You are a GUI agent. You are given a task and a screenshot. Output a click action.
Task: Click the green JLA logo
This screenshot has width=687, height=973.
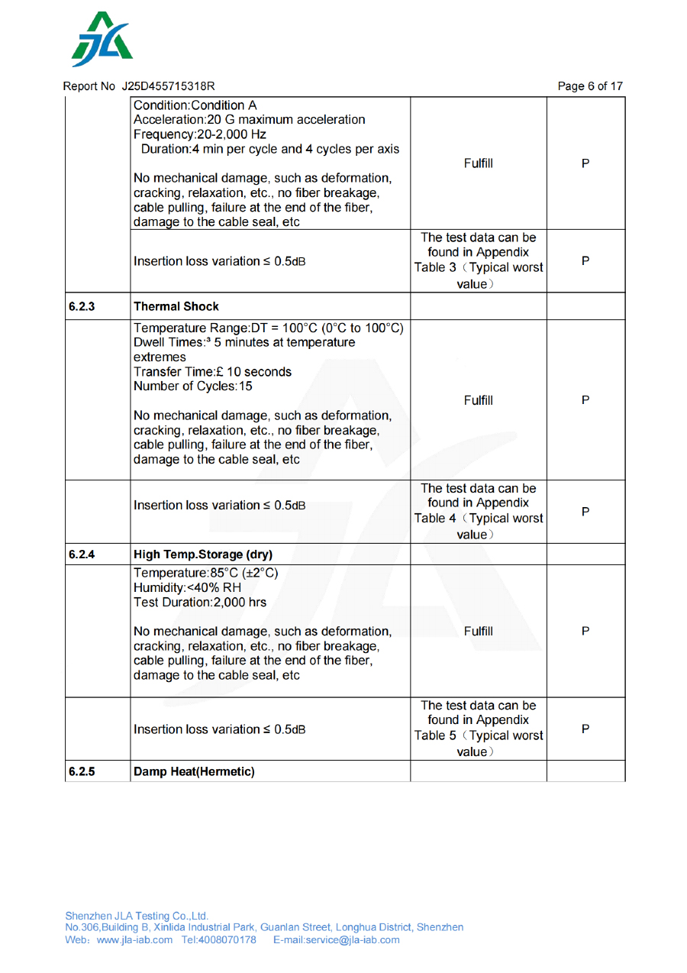(102, 40)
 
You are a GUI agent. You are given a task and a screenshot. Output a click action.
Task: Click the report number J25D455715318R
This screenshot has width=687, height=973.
(168, 86)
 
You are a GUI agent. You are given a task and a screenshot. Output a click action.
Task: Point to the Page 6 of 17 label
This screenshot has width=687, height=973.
(589, 86)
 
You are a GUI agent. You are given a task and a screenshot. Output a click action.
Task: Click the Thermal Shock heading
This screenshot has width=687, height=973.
(176, 306)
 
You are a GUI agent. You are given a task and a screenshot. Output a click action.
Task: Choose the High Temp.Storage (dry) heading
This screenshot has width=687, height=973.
(203, 554)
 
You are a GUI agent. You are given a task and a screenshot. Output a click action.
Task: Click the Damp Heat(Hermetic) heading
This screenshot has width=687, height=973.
(194, 771)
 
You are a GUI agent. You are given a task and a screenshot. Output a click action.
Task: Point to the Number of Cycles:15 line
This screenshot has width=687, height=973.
(193, 386)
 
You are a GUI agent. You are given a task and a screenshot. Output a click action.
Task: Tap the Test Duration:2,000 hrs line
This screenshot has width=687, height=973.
(200, 602)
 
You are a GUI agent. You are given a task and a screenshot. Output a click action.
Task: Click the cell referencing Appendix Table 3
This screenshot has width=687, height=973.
(479, 260)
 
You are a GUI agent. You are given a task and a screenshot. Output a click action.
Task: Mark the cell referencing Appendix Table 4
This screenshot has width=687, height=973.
(479, 511)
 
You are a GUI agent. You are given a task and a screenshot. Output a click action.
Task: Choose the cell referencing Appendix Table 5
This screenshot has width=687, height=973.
(479, 729)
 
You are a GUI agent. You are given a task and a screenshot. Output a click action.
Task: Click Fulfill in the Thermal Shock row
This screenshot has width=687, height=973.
(479, 400)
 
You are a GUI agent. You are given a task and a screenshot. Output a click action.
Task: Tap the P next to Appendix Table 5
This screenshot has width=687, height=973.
(585, 729)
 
